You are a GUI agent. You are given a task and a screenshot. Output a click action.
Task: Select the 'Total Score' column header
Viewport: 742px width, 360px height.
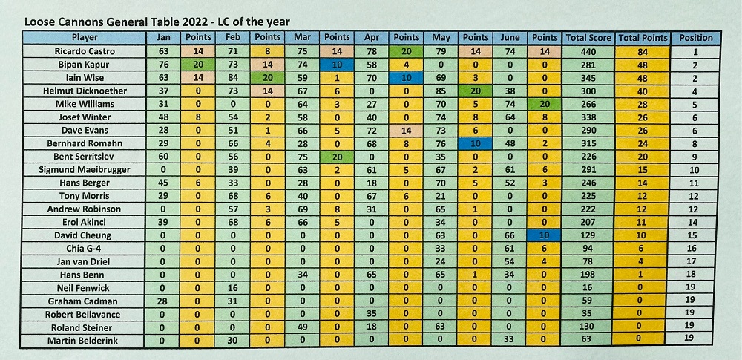coord(588,38)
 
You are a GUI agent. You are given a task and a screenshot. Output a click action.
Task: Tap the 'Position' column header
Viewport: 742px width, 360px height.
coord(695,38)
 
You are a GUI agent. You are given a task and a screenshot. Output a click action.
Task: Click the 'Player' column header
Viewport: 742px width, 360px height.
coord(85,38)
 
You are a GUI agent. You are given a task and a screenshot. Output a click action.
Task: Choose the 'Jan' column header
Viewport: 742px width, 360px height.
coord(163,38)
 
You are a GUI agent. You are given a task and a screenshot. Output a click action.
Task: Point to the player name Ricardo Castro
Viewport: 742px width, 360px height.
coord(85,51)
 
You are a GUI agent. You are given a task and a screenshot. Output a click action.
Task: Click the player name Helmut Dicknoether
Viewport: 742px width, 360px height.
coord(85,91)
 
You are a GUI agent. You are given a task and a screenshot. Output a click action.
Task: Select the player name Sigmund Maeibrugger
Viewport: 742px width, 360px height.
coord(85,170)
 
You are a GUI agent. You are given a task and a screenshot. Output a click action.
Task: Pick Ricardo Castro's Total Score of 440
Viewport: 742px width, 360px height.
coord(588,51)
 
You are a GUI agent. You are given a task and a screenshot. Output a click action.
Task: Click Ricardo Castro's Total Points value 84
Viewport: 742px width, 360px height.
coord(643,51)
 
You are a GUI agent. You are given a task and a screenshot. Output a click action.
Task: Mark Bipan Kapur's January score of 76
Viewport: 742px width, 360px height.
coord(163,65)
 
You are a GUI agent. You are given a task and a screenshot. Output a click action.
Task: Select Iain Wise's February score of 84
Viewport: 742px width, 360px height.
coord(232,77)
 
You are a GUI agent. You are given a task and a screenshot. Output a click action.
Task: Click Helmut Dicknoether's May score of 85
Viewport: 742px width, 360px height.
coord(441,91)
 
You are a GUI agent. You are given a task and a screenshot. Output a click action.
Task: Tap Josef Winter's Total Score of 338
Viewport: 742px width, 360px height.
coord(588,117)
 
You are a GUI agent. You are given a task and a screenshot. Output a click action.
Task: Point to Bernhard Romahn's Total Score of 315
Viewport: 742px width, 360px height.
coord(588,144)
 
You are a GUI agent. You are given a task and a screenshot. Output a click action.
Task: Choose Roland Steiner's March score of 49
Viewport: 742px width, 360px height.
coord(301,327)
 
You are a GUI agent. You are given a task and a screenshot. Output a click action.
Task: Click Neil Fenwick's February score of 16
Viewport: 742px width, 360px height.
coord(232,288)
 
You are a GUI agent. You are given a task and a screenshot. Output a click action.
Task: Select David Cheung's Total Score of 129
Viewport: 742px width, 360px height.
coord(588,235)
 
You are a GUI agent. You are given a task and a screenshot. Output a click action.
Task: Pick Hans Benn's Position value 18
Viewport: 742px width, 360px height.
coord(695,275)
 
